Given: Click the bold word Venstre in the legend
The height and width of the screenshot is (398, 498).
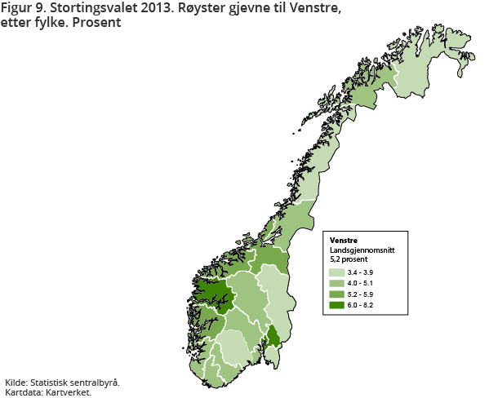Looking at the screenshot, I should click(x=345, y=240).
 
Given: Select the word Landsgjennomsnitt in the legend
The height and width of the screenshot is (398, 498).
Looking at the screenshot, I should click(x=362, y=250).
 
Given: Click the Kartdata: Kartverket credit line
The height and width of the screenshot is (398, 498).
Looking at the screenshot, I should click(x=48, y=391).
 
